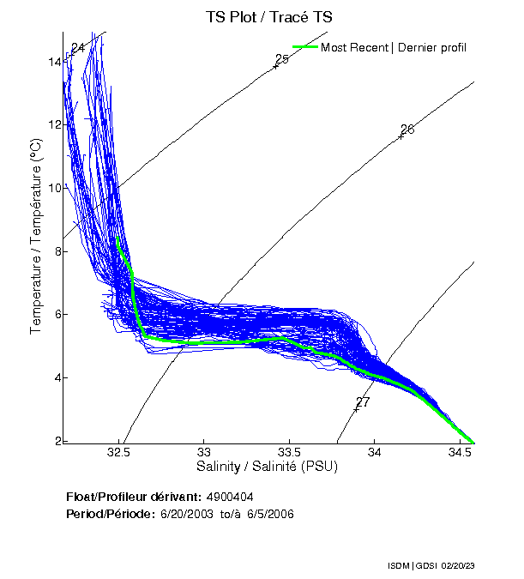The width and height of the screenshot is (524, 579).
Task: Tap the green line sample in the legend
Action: point(304,47)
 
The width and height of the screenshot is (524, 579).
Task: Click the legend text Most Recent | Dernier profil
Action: point(394,47)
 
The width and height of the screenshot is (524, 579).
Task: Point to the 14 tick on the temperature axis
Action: point(55,62)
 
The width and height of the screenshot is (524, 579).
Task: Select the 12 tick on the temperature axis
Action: point(55,125)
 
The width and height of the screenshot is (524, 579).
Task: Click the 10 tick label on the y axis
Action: point(55,188)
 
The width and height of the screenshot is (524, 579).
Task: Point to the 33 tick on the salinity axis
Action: point(204,452)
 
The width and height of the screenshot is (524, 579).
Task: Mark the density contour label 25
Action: point(281,59)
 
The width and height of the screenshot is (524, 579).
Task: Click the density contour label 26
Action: point(407,130)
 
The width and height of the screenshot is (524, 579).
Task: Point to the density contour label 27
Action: point(363,401)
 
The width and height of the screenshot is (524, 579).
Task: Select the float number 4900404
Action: point(230,498)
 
